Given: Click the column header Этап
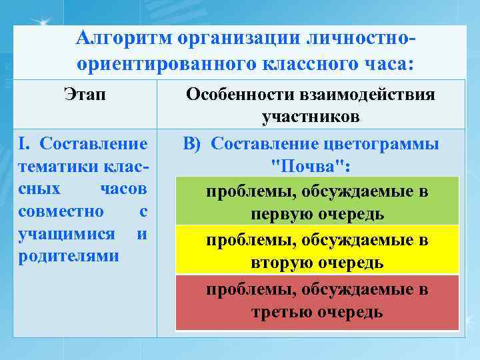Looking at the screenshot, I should click(x=84, y=95).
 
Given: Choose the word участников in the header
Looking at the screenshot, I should click(x=311, y=117).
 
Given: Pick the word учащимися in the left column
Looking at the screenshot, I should click(x=56, y=235).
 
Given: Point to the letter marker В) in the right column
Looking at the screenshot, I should click(x=195, y=145).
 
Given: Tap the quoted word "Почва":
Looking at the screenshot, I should click(x=311, y=167).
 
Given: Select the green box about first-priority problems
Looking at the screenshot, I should click(x=317, y=201).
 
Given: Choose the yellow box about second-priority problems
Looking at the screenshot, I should click(x=317, y=249).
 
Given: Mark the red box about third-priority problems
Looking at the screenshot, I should click(x=317, y=301).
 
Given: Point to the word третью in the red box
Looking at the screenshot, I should click(x=281, y=312).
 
